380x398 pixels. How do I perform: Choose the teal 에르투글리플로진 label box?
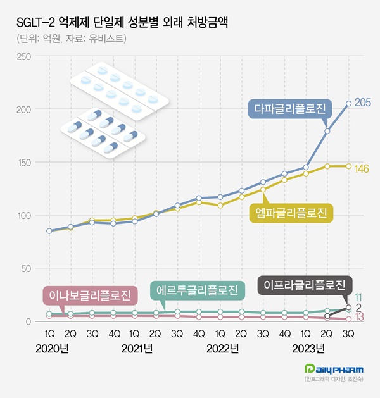(x=198, y=290)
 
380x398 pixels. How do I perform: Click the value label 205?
(x=362, y=103)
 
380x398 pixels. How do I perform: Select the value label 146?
(x=362, y=168)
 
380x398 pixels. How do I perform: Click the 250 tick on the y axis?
(x=23, y=57)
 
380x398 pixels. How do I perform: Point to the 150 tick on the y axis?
(x=23, y=163)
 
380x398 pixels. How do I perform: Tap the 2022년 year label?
(x=223, y=348)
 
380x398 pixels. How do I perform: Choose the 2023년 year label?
(x=309, y=348)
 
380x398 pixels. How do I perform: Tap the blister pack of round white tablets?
(x=119, y=92)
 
